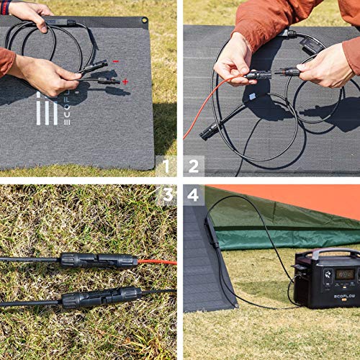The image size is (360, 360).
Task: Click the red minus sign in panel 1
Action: (x=115, y=62)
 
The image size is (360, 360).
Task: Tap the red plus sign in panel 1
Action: (x=125, y=81)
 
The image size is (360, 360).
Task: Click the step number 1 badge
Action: (x=166, y=166)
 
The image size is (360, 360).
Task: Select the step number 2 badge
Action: (x=194, y=166)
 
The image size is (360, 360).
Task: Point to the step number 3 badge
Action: (x=166, y=195)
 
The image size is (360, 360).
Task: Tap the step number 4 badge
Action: (x=194, y=195)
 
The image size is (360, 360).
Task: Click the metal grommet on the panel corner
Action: (x=144, y=21)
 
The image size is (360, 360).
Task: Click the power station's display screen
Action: (x=344, y=274)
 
